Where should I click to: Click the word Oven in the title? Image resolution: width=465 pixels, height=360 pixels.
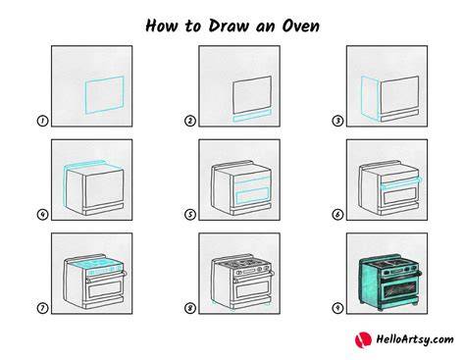click(300, 26)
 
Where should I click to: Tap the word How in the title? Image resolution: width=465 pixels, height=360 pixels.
click(162, 26)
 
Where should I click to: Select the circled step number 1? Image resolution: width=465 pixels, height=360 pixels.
click(42, 121)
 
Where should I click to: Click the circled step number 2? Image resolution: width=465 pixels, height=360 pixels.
click(190, 121)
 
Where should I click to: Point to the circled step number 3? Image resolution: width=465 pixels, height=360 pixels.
click(337, 121)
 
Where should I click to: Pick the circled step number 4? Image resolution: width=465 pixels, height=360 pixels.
click(42, 215)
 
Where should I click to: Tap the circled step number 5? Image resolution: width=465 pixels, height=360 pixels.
click(190, 215)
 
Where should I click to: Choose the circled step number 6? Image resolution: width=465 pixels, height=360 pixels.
click(337, 215)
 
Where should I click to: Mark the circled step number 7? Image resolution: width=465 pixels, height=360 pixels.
click(42, 308)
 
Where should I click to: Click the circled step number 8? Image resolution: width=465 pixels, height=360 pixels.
click(190, 308)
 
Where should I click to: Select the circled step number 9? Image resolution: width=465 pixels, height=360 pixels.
click(337, 308)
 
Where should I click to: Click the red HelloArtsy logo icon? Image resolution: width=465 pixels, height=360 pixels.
click(363, 340)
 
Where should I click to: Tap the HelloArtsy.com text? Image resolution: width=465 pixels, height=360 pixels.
click(415, 339)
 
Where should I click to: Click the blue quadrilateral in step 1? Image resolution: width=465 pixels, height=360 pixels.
click(85, 95)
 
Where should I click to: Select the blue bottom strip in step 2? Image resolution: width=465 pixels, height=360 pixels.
click(252, 116)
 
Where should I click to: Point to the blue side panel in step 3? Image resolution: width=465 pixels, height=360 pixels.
click(370, 98)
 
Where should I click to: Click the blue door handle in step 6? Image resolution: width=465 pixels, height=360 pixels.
click(402, 183)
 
